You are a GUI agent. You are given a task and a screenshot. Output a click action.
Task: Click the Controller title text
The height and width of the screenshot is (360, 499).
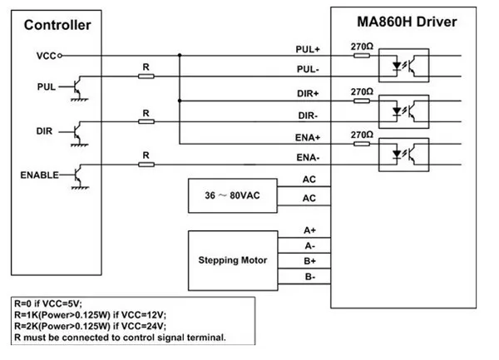[57, 25]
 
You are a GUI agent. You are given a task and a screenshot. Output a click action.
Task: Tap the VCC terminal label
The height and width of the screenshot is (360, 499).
[46, 56]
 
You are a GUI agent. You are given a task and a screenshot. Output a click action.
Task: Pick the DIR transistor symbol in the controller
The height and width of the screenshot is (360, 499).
[77, 132]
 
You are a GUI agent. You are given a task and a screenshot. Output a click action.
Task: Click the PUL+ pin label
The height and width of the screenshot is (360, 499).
[309, 50]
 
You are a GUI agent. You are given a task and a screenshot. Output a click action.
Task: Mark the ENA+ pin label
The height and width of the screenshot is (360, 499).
[309, 136]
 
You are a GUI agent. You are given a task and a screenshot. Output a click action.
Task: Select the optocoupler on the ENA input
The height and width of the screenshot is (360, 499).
[403, 150]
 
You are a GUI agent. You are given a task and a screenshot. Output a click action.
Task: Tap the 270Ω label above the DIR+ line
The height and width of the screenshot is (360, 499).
[360, 91]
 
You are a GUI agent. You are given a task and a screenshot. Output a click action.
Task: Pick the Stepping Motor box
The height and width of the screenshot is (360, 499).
[231, 261]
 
